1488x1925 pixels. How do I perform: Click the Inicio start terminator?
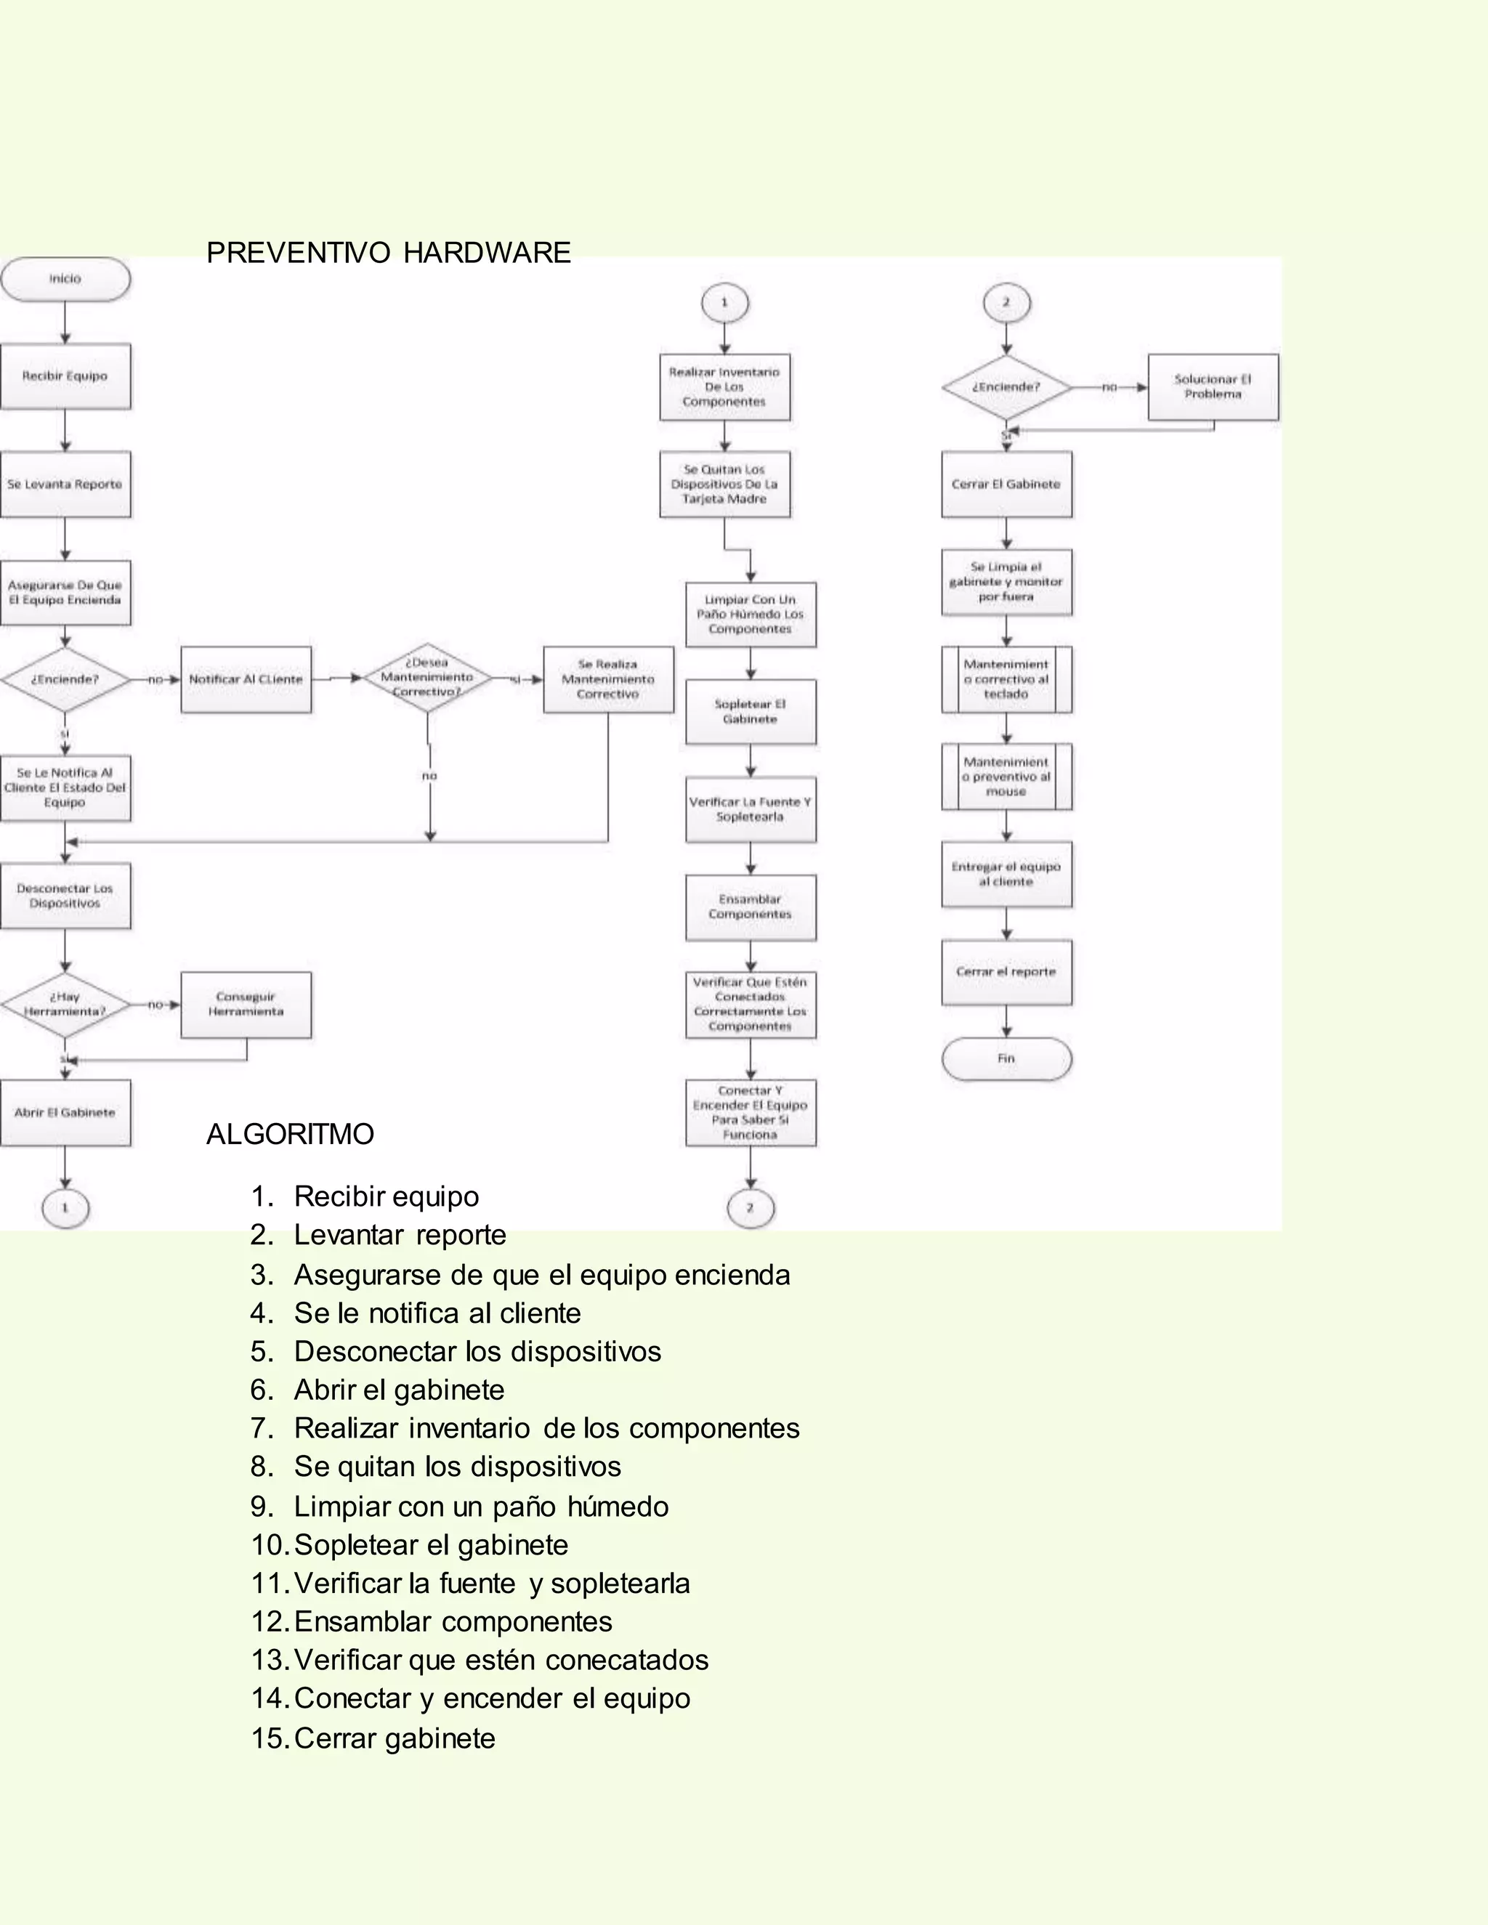[65, 280]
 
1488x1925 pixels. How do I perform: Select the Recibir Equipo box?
[65, 376]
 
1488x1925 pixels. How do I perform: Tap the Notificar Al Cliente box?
[246, 680]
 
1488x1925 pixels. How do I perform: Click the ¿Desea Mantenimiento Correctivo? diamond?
[427, 678]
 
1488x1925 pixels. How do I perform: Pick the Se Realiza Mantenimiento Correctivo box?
[608, 680]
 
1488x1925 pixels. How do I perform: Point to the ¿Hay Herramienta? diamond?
[65, 1005]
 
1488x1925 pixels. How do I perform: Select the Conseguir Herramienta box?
[246, 1005]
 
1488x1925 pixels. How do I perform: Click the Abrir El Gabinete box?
[65, 1113]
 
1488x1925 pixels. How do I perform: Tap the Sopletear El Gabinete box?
[750, 712]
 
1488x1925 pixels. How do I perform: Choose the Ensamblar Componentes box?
[750, 907]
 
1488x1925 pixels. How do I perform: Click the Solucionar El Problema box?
[1213, 387]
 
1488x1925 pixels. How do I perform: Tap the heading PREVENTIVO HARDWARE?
[388, 253]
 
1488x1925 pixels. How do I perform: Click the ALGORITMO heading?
[290, 1135]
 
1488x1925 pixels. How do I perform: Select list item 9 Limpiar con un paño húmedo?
[480, 1507]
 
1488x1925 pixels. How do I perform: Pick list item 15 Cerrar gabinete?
[394, 1738]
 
